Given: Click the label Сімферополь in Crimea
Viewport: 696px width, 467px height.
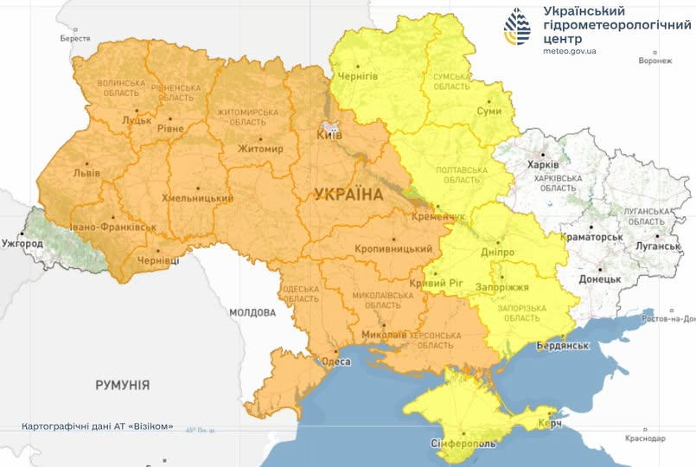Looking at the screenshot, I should (x=463, y=444).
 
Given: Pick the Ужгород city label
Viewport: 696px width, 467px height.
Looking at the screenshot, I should (x=22, y=244).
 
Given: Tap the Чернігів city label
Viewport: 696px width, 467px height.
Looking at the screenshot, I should (x=356, y=76).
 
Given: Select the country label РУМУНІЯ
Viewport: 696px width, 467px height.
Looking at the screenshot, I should (x=122, y=385).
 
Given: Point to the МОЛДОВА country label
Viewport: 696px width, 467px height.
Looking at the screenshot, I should (x=252, y=312).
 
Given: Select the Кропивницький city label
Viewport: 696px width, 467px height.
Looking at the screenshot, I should (x=393, y=249).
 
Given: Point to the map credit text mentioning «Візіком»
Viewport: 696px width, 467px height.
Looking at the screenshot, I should (x=97, y=426).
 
